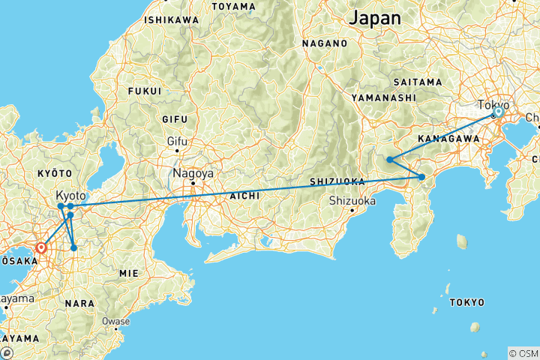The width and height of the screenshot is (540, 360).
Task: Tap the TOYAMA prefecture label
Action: pyautogui.click(x=234, y=7)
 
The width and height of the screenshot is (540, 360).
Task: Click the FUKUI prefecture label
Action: pyautogui.click(x=145, y=91)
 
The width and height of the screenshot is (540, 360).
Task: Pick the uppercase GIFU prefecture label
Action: pyautogui.click(x=178, y=118)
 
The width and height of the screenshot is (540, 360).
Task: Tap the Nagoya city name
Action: pyautogui.click(x=193, y=172)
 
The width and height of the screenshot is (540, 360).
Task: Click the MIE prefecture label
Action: pyautogui.click(x=129, y=274)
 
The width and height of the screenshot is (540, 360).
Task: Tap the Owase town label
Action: pyautogui.click(x=116, y=321)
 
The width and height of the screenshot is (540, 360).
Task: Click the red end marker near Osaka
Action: pyautogui.click(x=41, y=246)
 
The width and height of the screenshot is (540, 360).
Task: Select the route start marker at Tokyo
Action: pyautogui.click(x=497, y=112)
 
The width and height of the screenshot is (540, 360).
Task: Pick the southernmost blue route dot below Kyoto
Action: pyautogui.click(x=73, y=247)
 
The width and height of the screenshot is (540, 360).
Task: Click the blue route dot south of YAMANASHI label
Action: pyautogui.click(x=390, y=159)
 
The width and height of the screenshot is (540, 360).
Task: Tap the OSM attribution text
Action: pyautogui.click(x=523, y=353)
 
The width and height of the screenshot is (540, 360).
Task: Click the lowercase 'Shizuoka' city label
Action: pyautogui.click(x=351, y=200)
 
